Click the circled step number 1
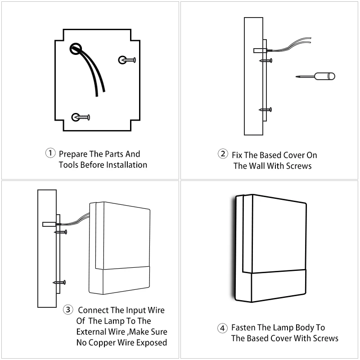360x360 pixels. [50, 153]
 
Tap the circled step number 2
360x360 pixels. [223, 154]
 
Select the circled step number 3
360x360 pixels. [68, 310]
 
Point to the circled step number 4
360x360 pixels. [222, 328]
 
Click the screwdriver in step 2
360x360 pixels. [315, 76]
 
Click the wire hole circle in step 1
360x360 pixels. [76, 49]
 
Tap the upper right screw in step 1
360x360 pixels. [127, 60]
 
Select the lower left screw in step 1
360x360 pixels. [81, 117]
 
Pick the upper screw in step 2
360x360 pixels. [265, 61]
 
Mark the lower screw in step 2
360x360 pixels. [265, 109]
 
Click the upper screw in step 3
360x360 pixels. [61, 232]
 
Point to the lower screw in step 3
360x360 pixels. [59, 283]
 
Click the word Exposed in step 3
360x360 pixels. [152, 342]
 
